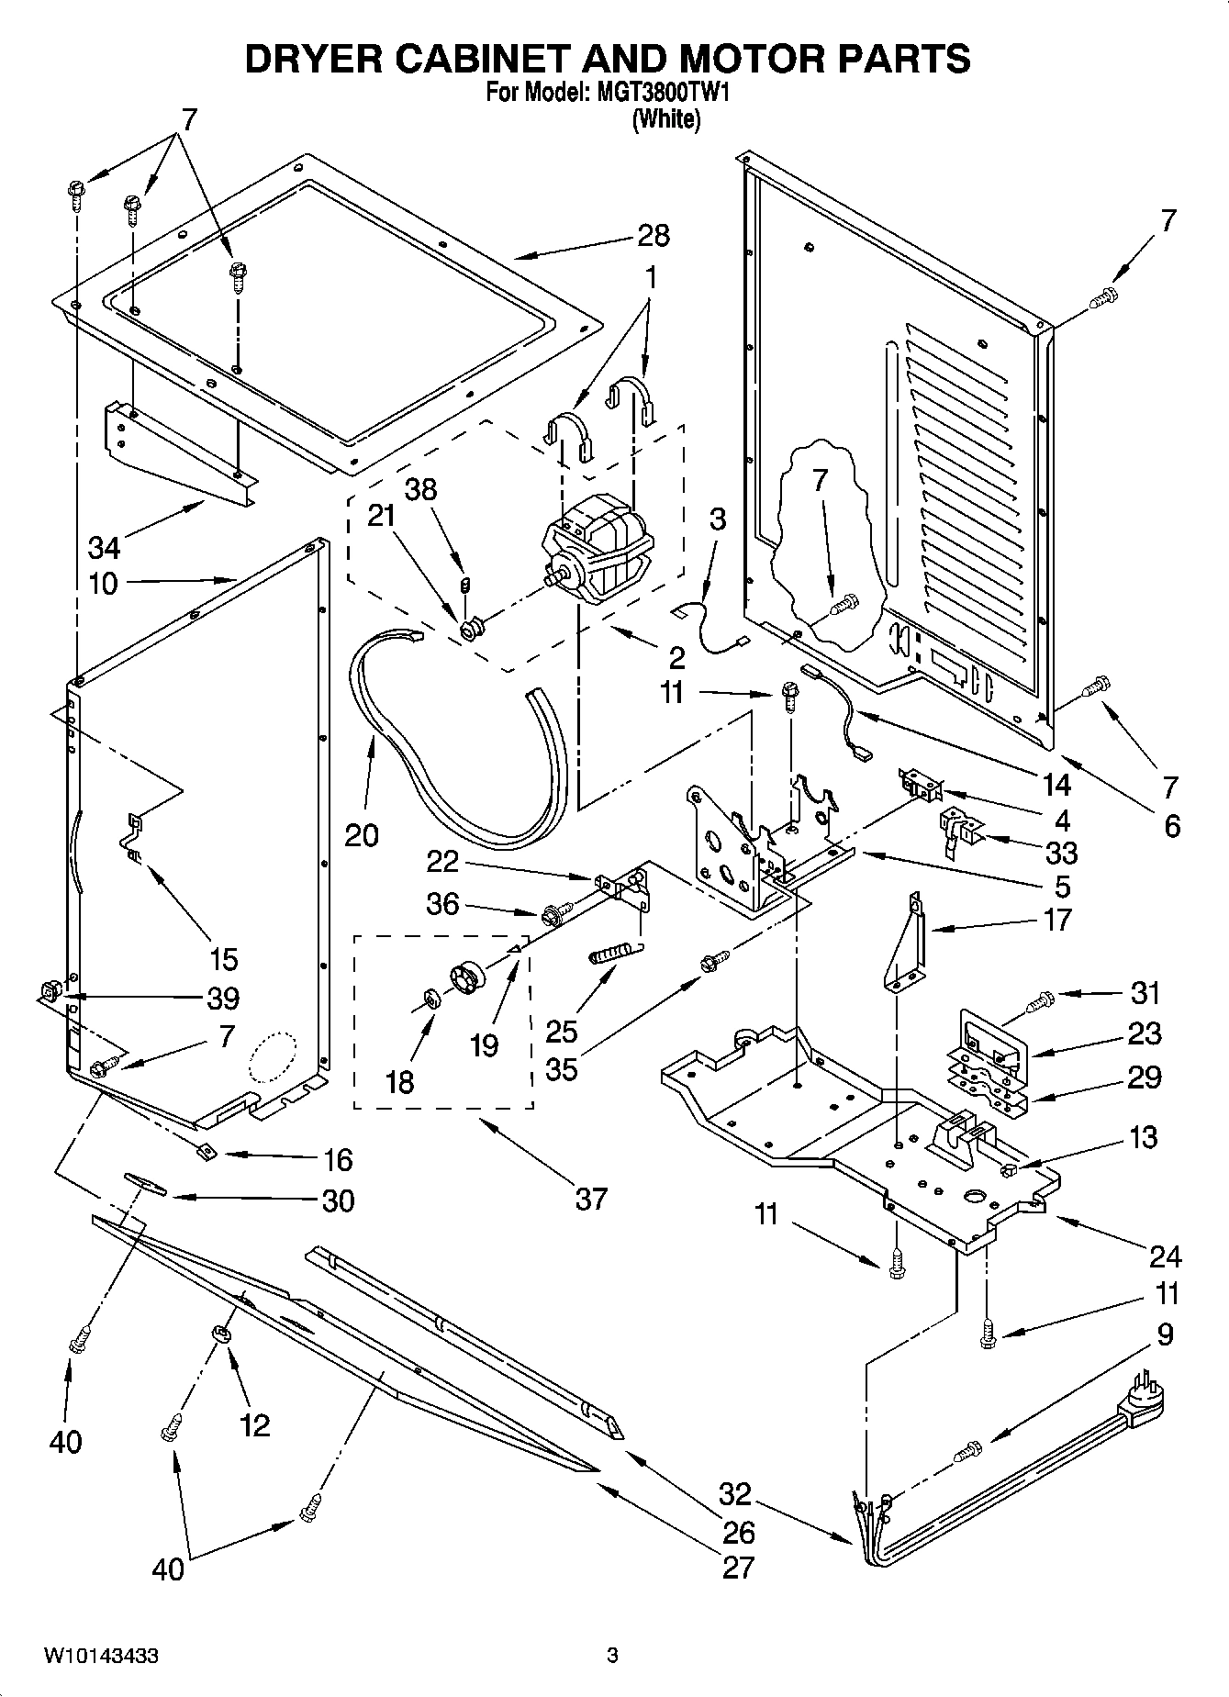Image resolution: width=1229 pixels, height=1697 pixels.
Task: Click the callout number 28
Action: [654, 236]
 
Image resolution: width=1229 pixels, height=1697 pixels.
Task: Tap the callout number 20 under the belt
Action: [362, 835]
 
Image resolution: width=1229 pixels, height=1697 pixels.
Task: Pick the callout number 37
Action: [591, 1199]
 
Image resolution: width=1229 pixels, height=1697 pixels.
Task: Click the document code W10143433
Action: [100, 1657]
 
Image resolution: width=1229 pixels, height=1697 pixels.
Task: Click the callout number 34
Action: [104, 548]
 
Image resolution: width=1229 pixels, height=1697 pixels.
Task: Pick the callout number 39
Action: [223, 998]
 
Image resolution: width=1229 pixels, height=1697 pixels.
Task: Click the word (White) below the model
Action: [666, 119]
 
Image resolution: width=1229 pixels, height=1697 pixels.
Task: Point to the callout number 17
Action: [1057, 920]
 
